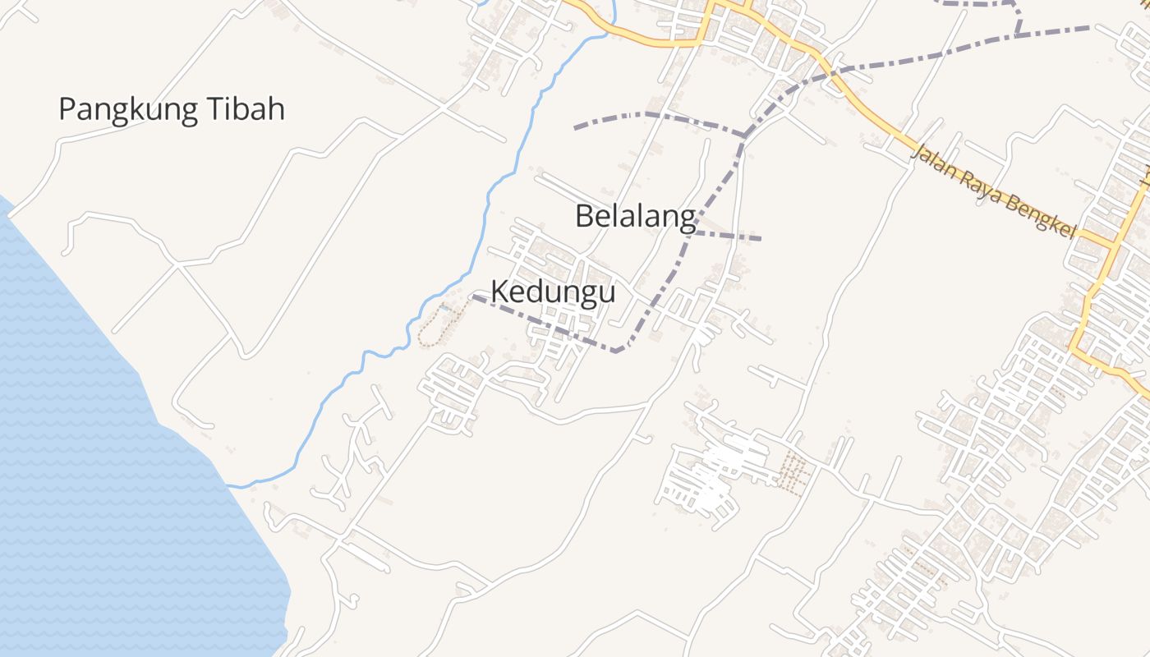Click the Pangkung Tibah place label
tap(172, 109)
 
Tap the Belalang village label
tap(635, 217)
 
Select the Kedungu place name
tap(553, 292)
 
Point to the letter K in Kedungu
tap(499, 292)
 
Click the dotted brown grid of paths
tap(793, 472)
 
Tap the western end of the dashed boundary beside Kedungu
tap(474, 296)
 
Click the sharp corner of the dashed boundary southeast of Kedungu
tap(618, 351)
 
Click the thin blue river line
tap(485, 205)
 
